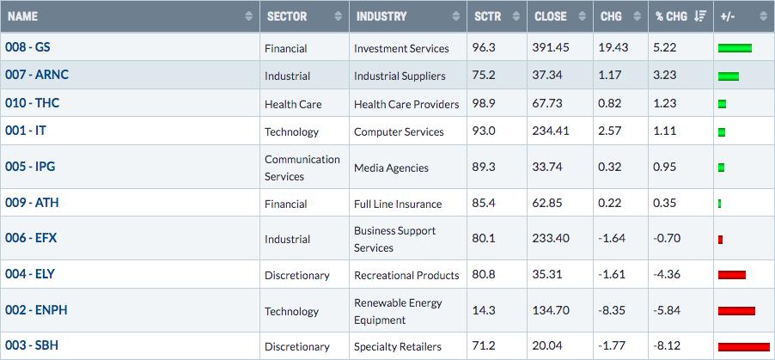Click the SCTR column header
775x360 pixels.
coord(487,16)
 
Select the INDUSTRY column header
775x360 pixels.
coord(381,16)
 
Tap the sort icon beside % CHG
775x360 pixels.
coord(700,16)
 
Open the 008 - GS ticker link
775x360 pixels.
coord(27,47)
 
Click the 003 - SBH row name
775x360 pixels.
coord(32,345)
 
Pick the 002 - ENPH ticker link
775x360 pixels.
coord(37,310)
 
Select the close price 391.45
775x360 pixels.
coord(551,48)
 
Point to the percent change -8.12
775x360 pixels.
coord(667,345)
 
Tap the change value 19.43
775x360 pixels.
coord(613,48)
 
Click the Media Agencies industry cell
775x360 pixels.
coord(392,168)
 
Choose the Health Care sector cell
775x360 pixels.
coord(293,104)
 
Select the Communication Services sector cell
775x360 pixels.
coord(302,168)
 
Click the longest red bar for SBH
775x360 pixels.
coord(743,346)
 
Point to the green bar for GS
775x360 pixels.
coord(735,48)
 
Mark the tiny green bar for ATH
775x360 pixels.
coord(720,204)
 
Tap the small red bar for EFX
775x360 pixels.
coord(721,240)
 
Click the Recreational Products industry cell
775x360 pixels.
coord(406,276)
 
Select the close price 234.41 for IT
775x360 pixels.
coord(551,131)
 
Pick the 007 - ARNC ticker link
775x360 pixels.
coord(37,75)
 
